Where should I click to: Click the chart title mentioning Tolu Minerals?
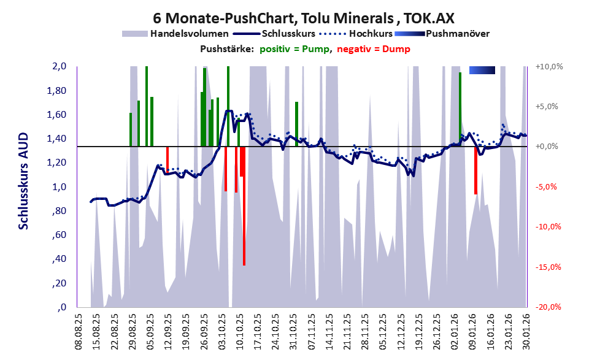303,18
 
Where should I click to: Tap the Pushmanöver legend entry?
456,34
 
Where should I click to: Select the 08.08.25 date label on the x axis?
79,331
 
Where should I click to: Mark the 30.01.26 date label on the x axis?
526,331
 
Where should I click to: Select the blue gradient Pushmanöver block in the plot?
482,71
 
